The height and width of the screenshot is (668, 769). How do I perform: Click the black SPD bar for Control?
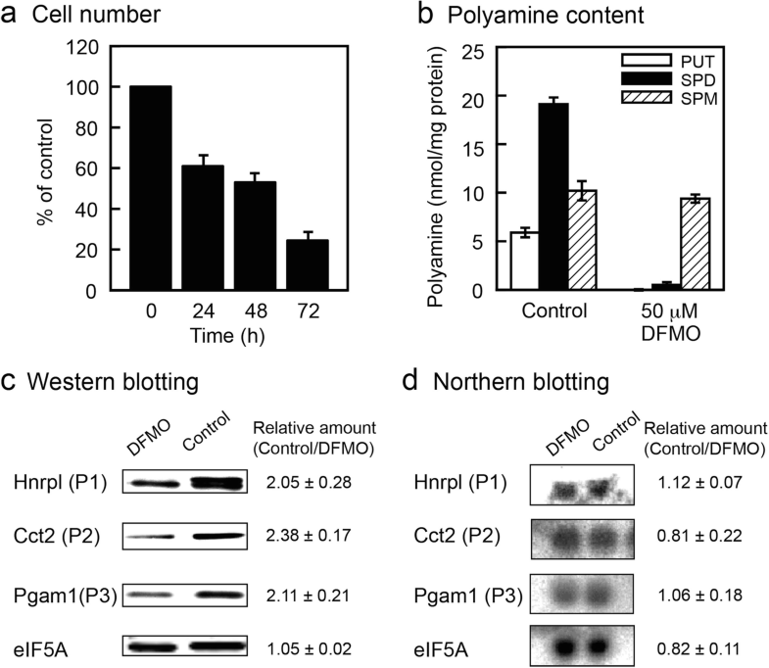click(x=555, y=196)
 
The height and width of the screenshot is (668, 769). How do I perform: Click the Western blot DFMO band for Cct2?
click(x=152, y=538)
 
